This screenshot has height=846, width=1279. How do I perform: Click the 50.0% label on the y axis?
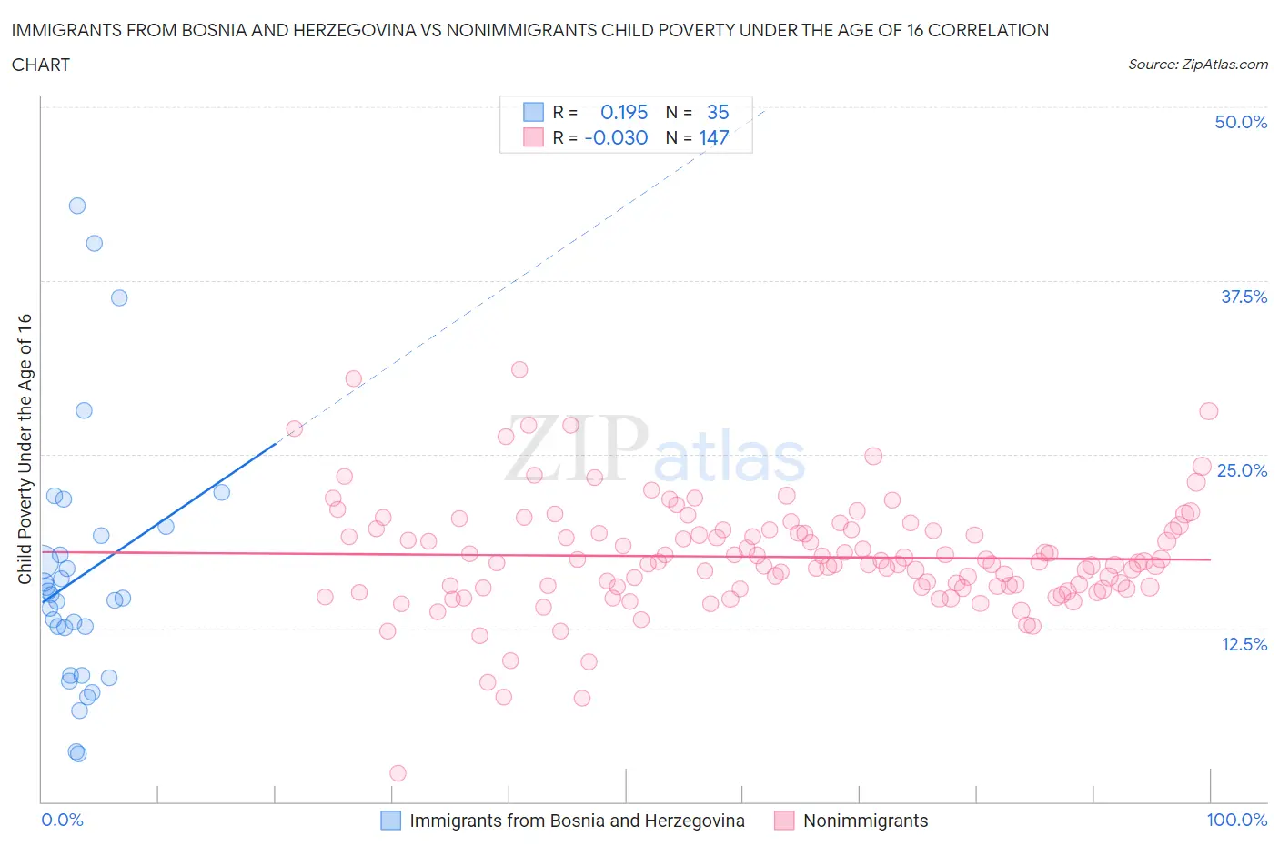(x=1241, y=122)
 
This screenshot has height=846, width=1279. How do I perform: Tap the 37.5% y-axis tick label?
(x=1244, y=297)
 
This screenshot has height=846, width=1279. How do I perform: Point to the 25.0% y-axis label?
(x=1242, y=470)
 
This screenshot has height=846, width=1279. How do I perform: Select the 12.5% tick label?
(x=1244, y=644)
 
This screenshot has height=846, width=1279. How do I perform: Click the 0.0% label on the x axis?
(x=62, y=820)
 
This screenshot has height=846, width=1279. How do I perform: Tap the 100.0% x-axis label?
(x=1236, y=820)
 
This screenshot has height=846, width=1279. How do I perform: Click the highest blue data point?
(x=77, y=206)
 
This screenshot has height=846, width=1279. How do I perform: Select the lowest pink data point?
(x=398, y=773)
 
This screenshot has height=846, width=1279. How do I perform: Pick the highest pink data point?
(x=519, y=369)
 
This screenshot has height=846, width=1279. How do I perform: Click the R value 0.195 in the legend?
(x=624, y=112)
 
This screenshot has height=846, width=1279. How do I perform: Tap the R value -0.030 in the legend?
(x=616, y=137)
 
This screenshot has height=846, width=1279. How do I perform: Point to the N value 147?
(x=714, y=137)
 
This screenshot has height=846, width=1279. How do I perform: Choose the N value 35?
(x=718, y=112)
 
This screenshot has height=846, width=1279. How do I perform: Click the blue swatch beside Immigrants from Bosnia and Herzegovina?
(x=390, y=821)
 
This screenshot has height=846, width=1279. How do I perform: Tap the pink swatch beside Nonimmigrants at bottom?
(x=784, y=821)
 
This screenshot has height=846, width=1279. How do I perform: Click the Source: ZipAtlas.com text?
(x=1197, y=64)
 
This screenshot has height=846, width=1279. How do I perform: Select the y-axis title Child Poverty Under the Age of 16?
(x=25, y=449)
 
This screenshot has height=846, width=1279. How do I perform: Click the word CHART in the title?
(x=41, y=65)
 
